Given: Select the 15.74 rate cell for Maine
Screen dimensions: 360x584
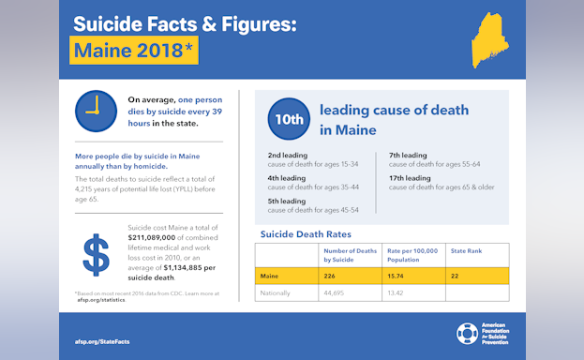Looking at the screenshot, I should click(398, 276).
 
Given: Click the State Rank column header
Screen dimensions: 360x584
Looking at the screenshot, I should click(465, 251).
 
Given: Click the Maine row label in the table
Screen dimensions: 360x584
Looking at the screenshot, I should click(270, 276).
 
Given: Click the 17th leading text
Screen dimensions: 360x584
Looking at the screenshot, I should click(410, 178).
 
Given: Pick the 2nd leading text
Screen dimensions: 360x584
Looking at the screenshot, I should click(287, 156).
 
